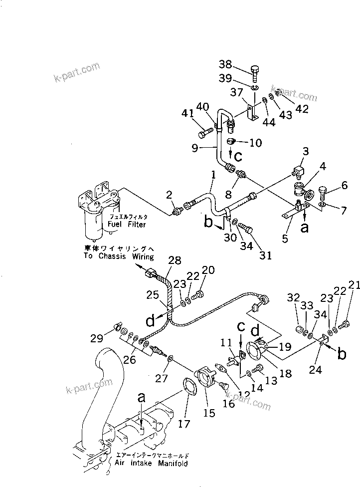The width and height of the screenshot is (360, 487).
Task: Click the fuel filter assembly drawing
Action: (x=98, y=209)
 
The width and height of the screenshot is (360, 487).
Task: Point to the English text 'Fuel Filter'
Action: (x=127, y=225)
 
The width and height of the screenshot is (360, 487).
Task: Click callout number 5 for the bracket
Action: (x=285, y=239)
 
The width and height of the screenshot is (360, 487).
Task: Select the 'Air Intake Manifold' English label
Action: (x=151, y=464)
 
